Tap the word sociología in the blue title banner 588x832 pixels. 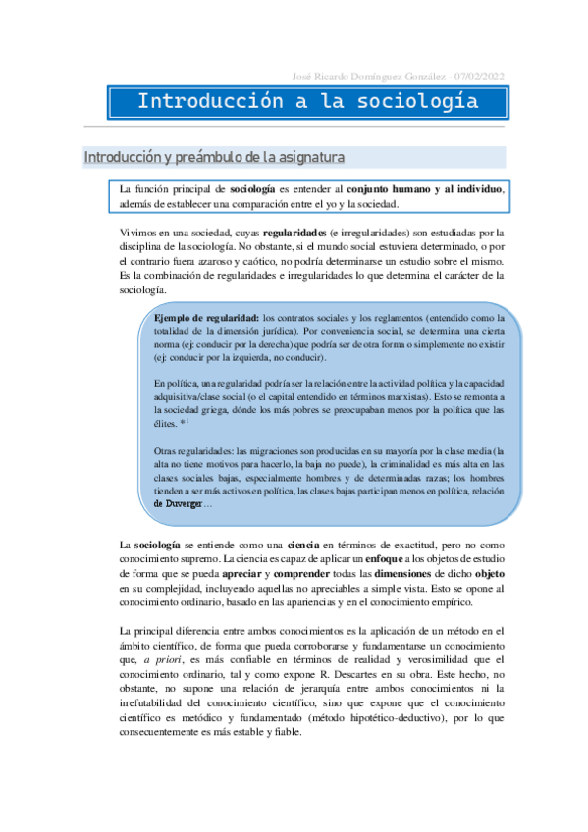tap(420, 102)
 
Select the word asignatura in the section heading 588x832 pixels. tap(303, 157)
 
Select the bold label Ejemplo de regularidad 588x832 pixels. tap(206, 318)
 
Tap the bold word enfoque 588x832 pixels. tap(380, 558)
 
